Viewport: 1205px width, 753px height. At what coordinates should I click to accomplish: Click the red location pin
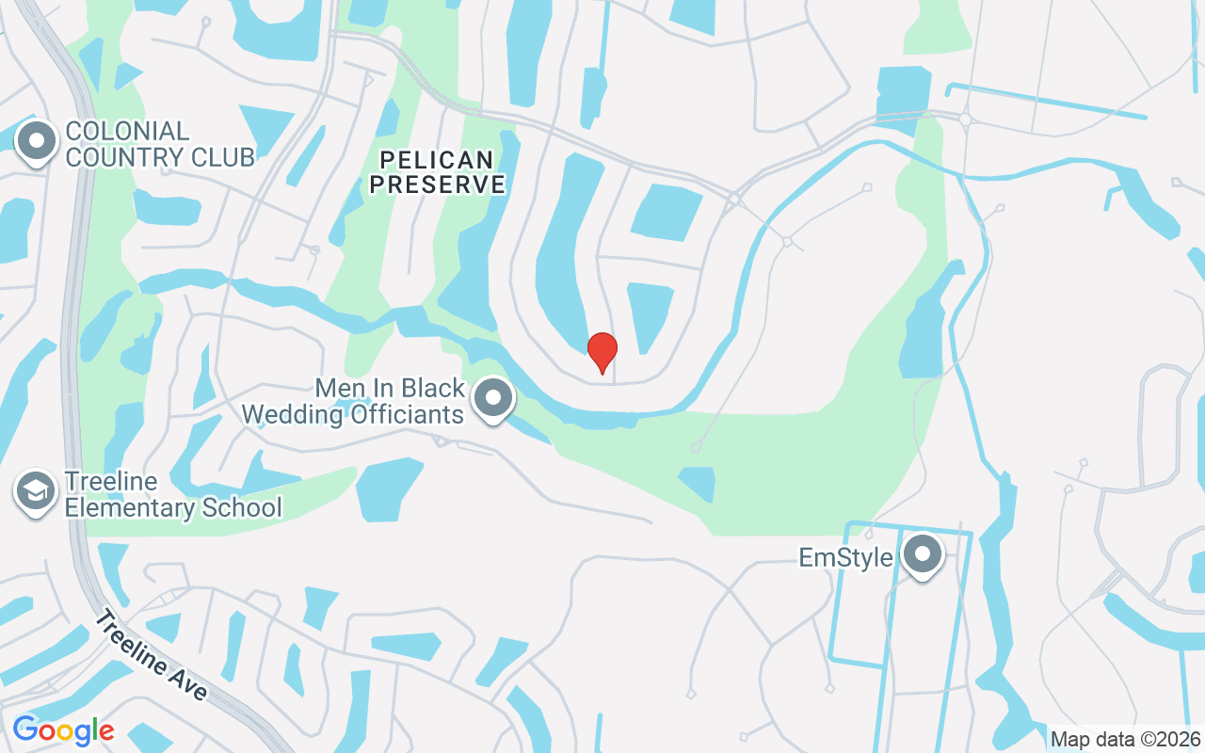(602, 352)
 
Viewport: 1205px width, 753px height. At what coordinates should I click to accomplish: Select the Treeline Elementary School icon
(36, 492)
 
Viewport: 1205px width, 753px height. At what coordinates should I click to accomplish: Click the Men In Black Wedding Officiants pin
(492, 399)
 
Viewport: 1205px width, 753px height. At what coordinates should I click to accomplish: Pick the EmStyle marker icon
(922, 555)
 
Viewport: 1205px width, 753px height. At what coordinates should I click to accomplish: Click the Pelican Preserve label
(437, 171)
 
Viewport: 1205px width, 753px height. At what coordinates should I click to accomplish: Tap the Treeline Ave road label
(151, 655)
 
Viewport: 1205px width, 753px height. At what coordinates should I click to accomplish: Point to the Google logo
(63, 730)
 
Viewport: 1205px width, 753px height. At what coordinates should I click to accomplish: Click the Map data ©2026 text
(1125, 739)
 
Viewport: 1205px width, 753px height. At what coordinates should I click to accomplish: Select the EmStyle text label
(845, 558)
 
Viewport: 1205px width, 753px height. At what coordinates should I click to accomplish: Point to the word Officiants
(407, 414)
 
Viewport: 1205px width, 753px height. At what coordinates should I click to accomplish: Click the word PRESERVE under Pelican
(437, 184)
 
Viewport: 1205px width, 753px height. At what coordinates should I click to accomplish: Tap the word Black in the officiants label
(433, 388)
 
